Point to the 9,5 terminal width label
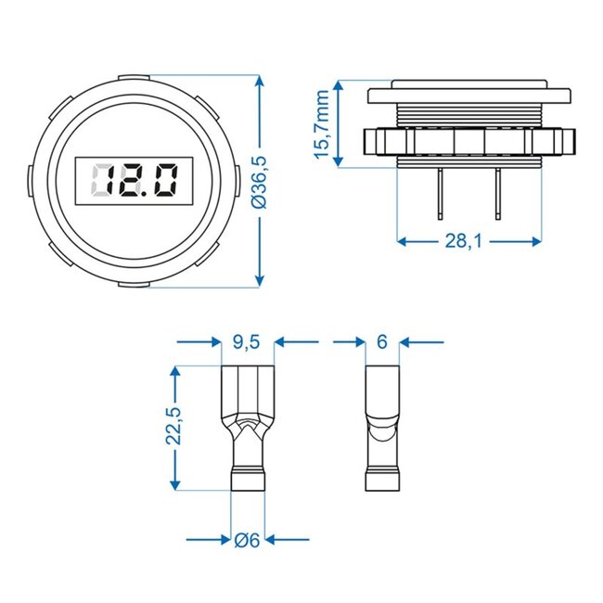(246, 342)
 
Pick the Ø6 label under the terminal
(247, 539)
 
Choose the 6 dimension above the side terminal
(381, 342)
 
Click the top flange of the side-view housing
(468, 95)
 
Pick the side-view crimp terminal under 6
(381, 427)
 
